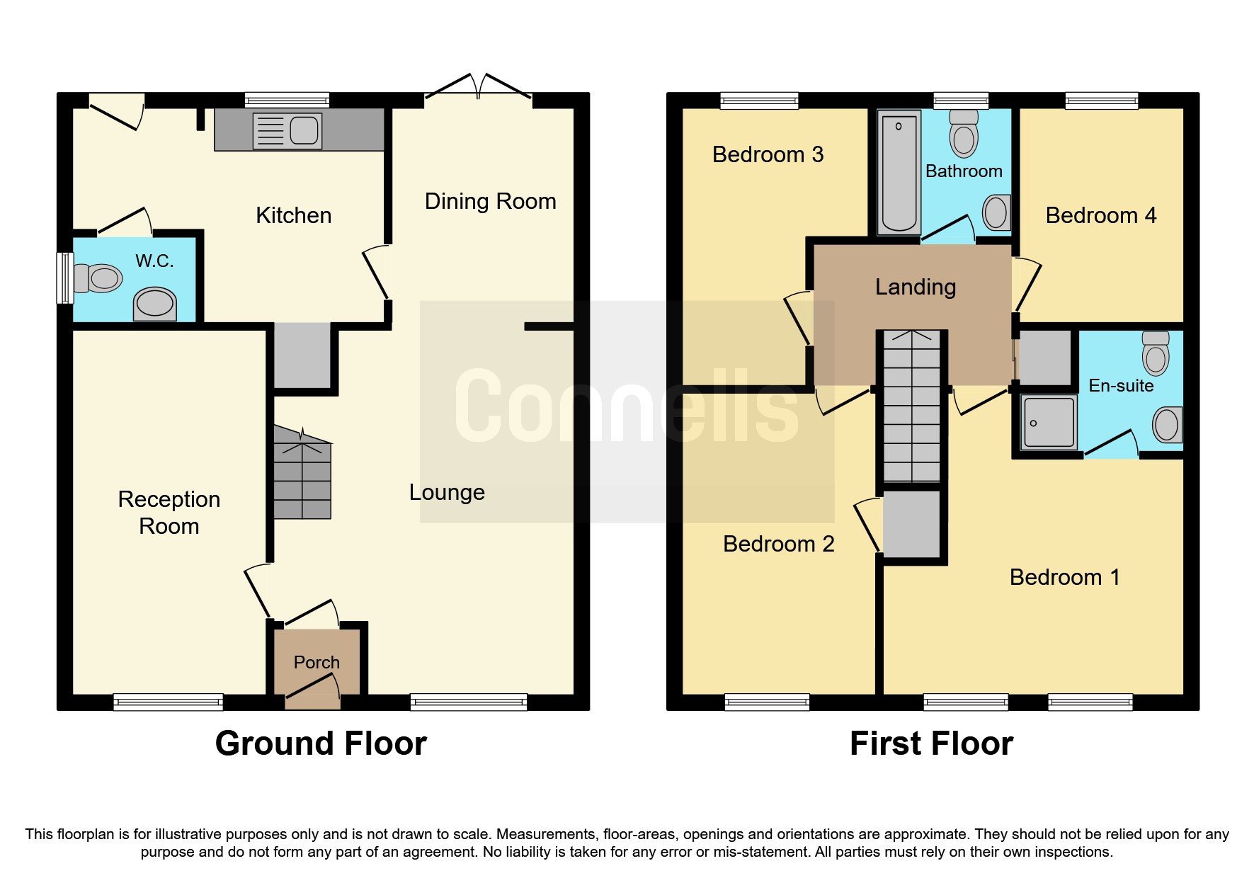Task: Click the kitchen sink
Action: tap(287, 131)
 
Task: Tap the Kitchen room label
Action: tap(293, 215)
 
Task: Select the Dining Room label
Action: tap(490, 201)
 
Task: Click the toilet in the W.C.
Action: tap(99, 278)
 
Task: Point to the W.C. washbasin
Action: tap(155, 304)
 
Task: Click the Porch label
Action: tap(317, 662)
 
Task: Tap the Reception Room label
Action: tap(169, 513)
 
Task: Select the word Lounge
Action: tap(447, 492)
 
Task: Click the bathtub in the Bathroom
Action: tap(899, 173)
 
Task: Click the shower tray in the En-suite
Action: tap(1049, 422)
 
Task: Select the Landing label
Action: tap(916, 287)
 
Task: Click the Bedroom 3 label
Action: tap(768, 154)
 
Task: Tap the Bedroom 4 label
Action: tap(1101, 215)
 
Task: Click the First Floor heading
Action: tap(931, 743)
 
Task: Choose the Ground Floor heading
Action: tap(321, 743)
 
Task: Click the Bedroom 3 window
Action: tap(759, 101)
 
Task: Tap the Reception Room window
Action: tap(169, 702)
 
